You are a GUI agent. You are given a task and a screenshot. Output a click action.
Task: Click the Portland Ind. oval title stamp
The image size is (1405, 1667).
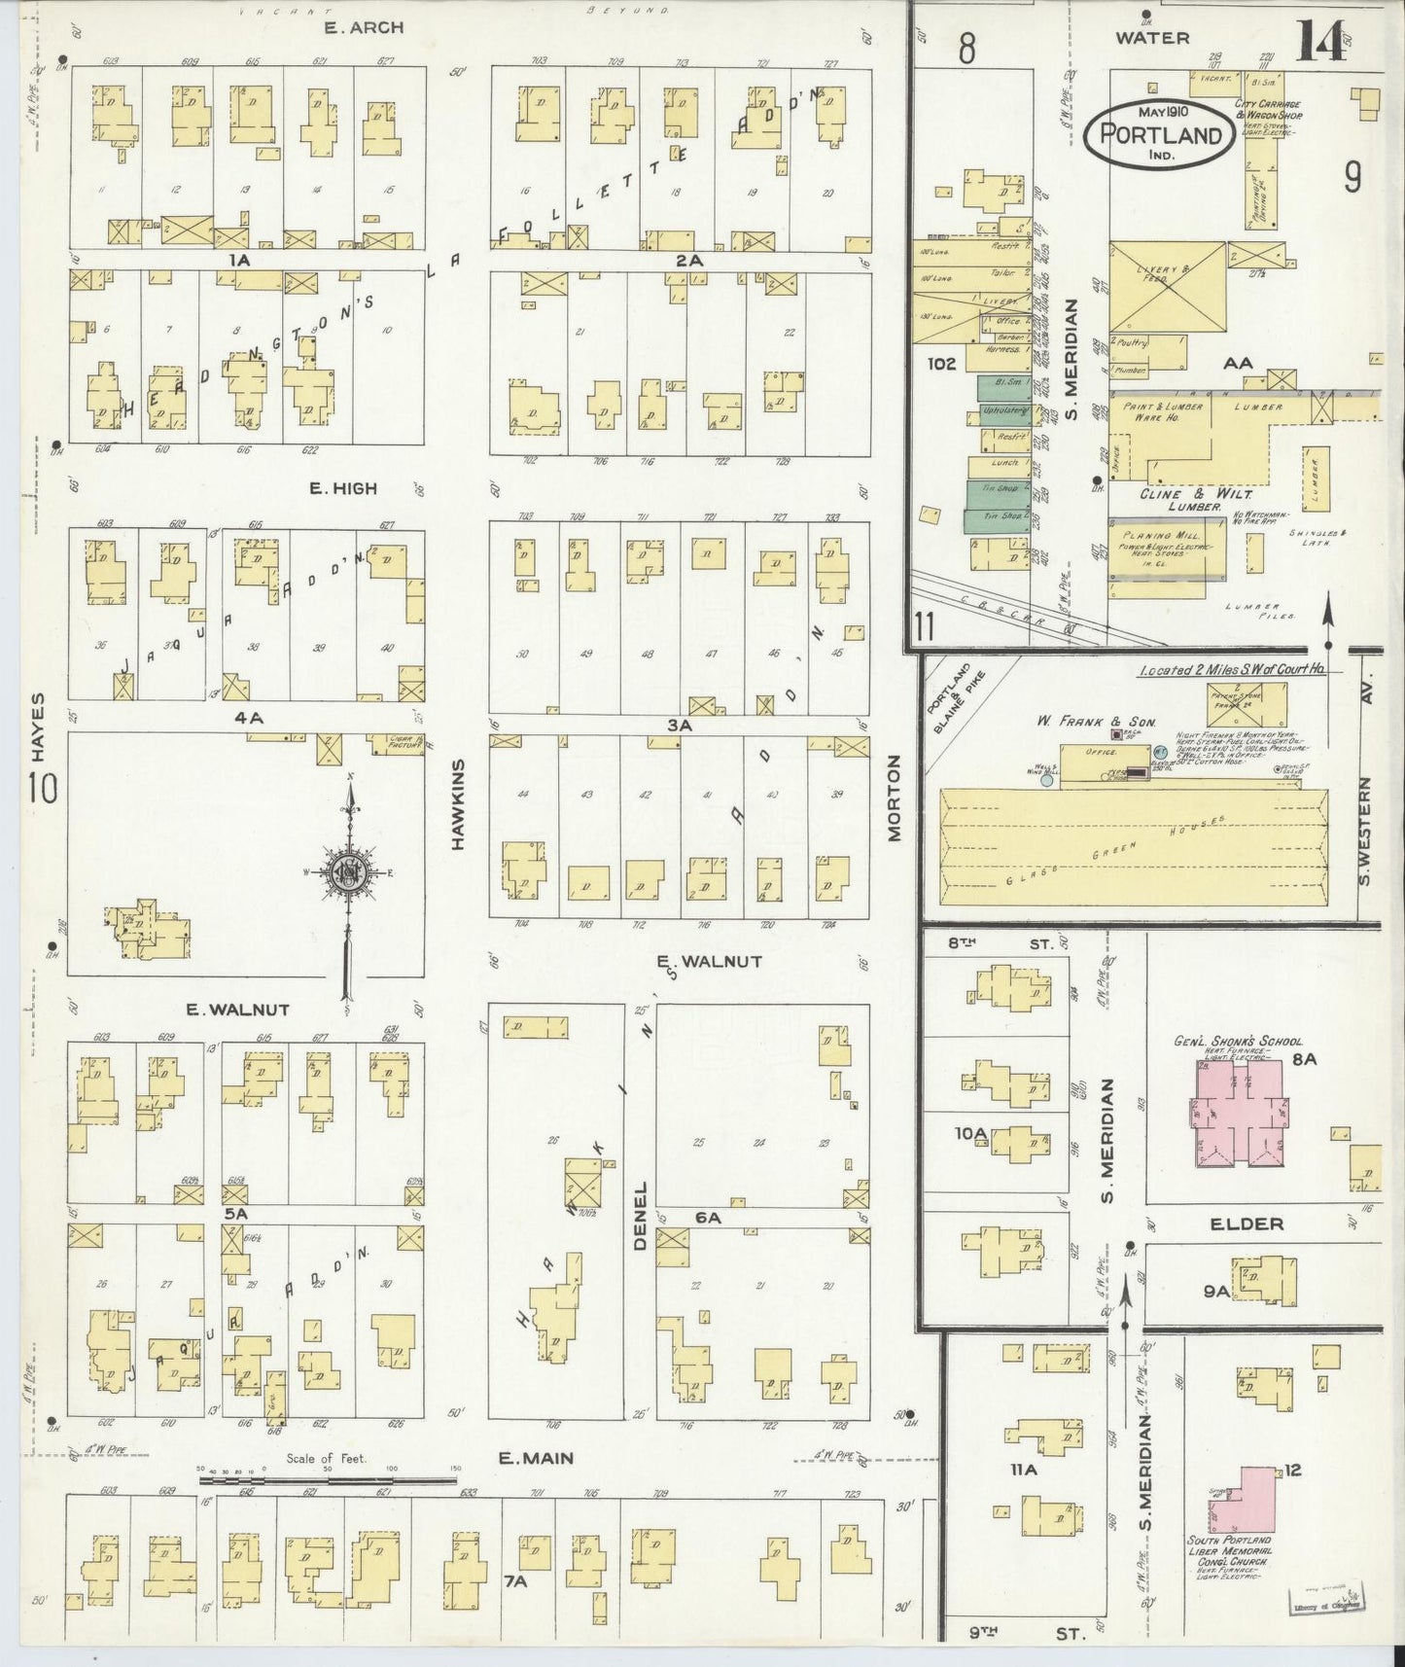[x=1159, y=134]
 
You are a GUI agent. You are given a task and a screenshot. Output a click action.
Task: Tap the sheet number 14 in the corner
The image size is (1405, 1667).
[x=1324, y=41]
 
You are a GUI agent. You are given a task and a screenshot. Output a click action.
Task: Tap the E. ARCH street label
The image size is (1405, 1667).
[x=364, y=28]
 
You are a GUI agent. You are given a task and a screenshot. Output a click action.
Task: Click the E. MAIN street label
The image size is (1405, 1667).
[x=535, y=1458]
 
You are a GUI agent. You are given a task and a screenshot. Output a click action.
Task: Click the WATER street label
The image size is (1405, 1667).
[x=1152, y=38]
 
